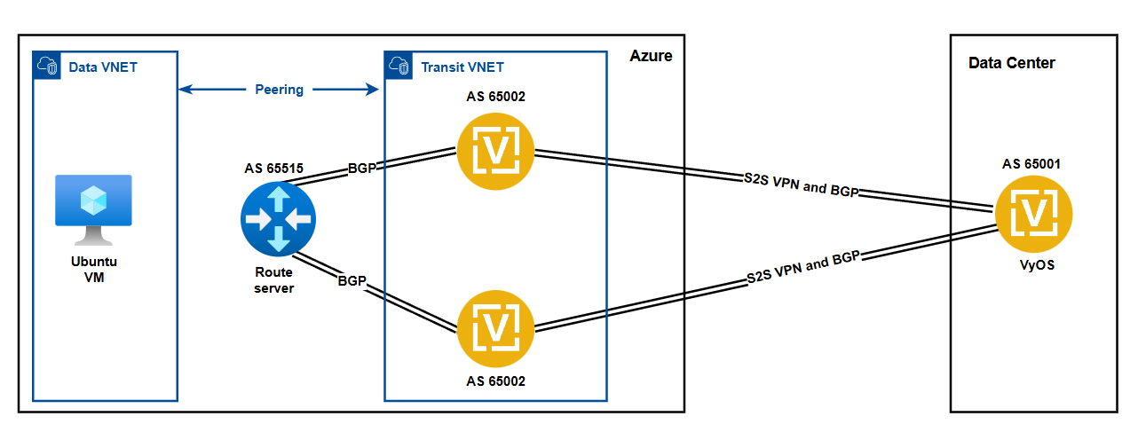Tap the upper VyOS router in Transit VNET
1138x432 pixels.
coord(495,153)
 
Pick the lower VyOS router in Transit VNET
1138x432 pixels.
coord(495,326)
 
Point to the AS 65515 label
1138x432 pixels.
coord(275,169)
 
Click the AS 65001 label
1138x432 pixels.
coord(1031,163)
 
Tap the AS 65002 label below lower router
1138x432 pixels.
coord(495,381)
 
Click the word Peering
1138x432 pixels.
coord(279,89)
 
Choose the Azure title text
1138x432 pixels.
coord(651,56)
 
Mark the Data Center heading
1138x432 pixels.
coord(1011,63)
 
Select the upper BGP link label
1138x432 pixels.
coord(362,168)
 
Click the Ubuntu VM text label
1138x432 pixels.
coord(93,270)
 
